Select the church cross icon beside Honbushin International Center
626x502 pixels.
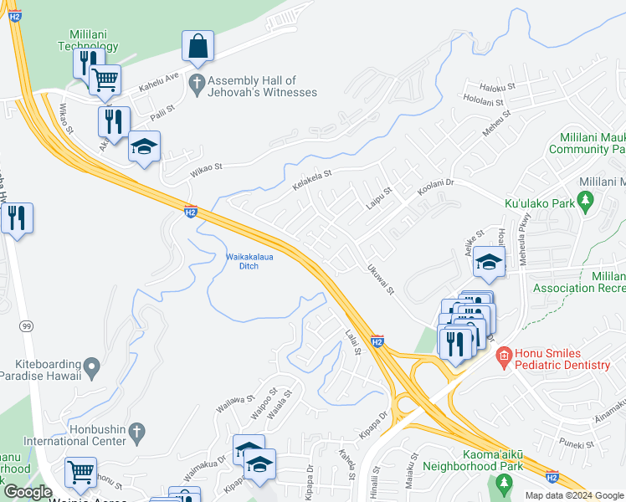tap(137, 432)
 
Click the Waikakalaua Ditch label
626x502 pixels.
tap(243, 261)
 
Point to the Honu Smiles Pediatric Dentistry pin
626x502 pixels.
tap(502, 357)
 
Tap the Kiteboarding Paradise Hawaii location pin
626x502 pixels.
tap(92, 366)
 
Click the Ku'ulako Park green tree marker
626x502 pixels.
tap(586, 202)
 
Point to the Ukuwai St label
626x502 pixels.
tap(379, 279)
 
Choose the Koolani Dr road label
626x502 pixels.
tap(435, 182)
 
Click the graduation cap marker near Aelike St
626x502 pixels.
tap(489, 263)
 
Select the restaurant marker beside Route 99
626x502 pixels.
tap(17, 218)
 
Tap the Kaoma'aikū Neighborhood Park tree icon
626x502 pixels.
tap(504, 483)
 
